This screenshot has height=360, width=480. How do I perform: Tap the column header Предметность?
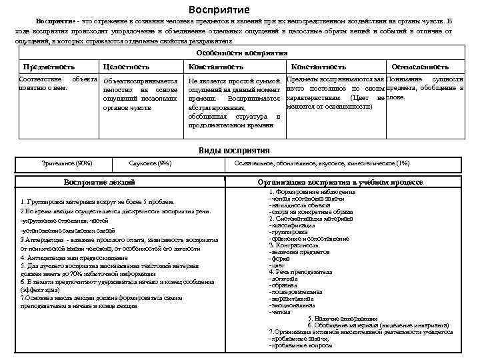click(49, 67)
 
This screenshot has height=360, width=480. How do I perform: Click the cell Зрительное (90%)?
click(67, 163)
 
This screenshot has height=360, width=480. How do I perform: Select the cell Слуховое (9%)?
click(151, 163)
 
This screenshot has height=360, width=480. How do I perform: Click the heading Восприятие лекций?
click(99, 181)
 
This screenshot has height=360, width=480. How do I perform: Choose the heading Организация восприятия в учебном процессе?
click(339, 181)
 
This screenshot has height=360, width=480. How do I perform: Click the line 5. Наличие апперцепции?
click(342, 319)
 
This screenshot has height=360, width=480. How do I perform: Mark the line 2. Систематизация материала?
click(311, 218)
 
